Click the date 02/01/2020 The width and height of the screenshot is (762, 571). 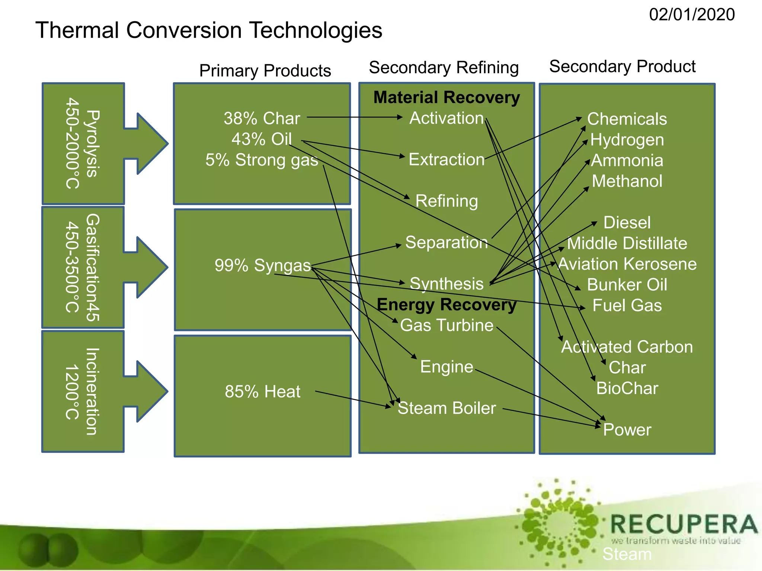point(691,15)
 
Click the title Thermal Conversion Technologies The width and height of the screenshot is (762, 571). point(208,30)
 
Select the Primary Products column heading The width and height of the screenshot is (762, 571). point(265,71)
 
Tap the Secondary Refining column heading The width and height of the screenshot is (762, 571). point(444,68)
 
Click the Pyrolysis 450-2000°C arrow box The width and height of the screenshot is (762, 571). point(84,143)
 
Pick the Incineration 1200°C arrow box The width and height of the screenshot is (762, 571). point(84,391)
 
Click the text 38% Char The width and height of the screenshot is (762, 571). point(262,119)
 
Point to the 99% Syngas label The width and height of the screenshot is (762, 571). point(262,265)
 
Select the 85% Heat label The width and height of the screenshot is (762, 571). point(262,392)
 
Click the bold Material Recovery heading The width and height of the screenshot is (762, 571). point(446,97)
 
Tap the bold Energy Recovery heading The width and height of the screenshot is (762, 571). point(446,304)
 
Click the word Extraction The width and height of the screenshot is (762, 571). point(446,159)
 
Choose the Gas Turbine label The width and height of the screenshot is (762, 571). point(446,325)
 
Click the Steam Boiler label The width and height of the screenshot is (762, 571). point(446,408)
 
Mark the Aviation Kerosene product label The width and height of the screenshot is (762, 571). point(627,264)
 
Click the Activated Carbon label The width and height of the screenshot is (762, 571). point(627,347)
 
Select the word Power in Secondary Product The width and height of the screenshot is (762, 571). point(627,430)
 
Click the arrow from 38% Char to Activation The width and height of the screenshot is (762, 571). point(353,117)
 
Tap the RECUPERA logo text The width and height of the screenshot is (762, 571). point(684,525)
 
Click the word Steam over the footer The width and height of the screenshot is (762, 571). point(627,554)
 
